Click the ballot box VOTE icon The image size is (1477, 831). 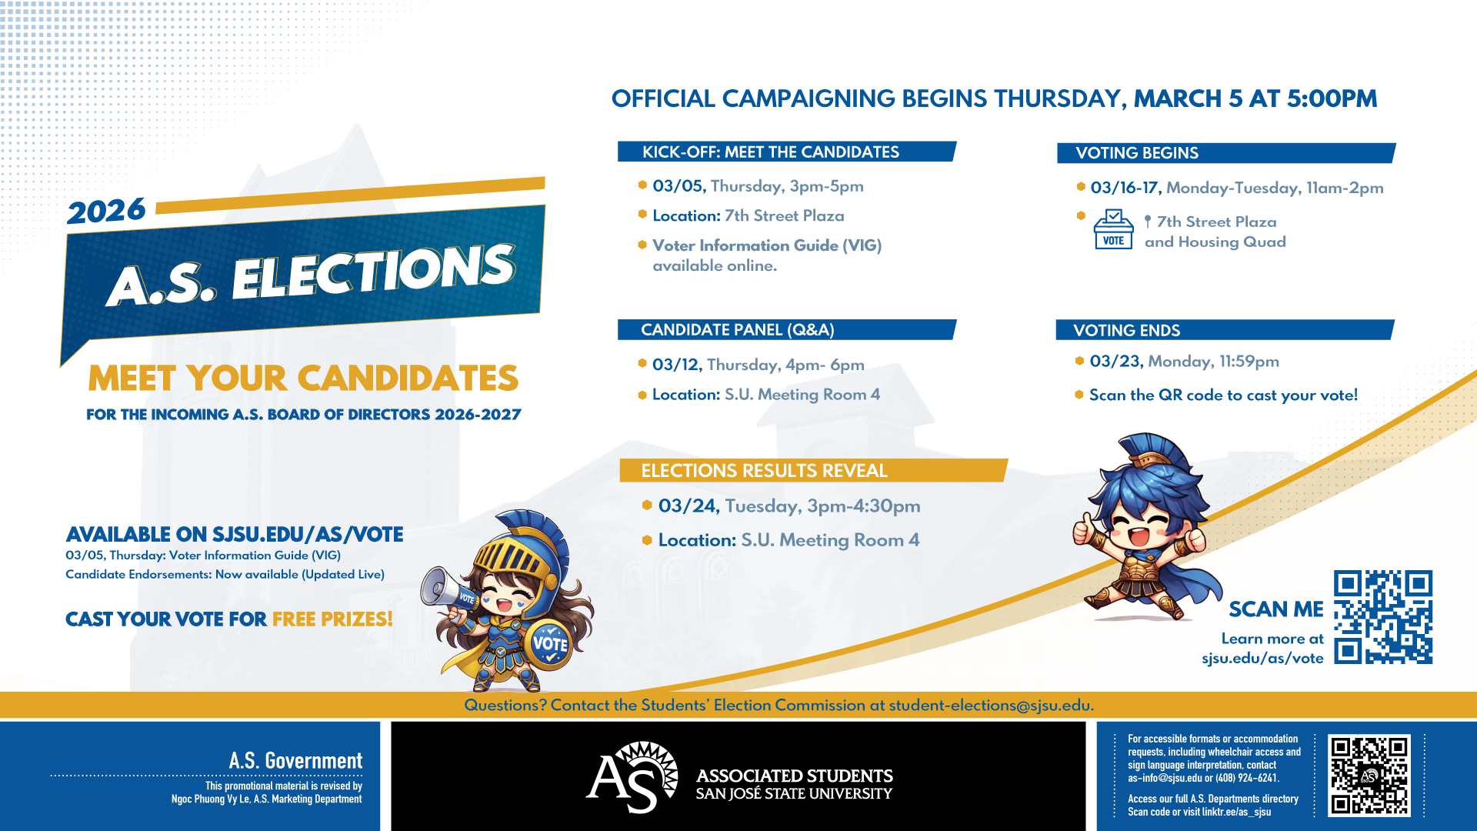[1113, 229]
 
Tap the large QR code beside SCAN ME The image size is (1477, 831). [1382, 617]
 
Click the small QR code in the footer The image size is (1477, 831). [1369, 776]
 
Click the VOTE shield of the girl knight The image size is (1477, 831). [549, 643]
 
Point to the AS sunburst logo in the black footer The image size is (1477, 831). [633, 777]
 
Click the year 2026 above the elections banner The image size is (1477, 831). [106, 211]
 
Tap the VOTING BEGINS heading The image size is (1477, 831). [1136, 153]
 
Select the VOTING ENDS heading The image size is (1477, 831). [1126, 331]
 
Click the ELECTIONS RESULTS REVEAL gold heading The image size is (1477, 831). [764, 471]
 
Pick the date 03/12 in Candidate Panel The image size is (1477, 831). [676, 365]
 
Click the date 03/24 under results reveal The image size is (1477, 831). [688, 506]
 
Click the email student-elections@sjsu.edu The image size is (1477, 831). [990, 706]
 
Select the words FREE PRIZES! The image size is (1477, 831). [332, 619]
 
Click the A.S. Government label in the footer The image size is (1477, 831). [295, 761]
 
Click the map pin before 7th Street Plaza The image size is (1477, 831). [1148, 222]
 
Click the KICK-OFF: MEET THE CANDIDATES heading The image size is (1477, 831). [770, 152]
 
